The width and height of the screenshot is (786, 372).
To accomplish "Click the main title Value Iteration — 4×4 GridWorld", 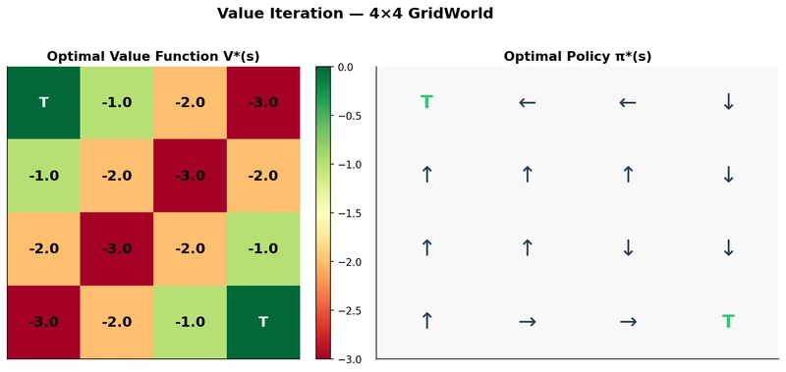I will pos(392,15).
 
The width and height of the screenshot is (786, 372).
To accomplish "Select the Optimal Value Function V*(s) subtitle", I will pos(152,56).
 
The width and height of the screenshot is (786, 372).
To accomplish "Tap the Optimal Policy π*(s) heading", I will pos(577,56).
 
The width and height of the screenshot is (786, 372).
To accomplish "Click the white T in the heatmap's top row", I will pos(43,102).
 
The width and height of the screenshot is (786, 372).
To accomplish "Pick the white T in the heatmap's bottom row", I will pos(262,322).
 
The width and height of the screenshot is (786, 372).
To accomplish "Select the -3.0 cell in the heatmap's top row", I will pos(262,102).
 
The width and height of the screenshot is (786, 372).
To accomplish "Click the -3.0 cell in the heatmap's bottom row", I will pos(43,322).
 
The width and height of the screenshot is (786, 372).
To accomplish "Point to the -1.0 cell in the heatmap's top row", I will pos(116,102).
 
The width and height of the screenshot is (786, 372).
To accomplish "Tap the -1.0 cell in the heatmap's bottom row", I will pos(190,322).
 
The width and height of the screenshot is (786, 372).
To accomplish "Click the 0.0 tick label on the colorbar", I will pos(345,67).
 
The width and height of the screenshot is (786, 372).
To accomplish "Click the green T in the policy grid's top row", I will pos(426,102).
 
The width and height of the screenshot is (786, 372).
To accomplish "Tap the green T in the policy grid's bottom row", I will pos(728,322).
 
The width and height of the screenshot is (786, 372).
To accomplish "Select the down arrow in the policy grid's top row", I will pos(728,102).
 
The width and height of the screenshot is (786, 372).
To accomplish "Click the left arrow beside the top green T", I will pos(527,102).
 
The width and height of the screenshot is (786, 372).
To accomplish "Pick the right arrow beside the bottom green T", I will pos(628,322).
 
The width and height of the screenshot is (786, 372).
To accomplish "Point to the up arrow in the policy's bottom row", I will pos(426,322).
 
